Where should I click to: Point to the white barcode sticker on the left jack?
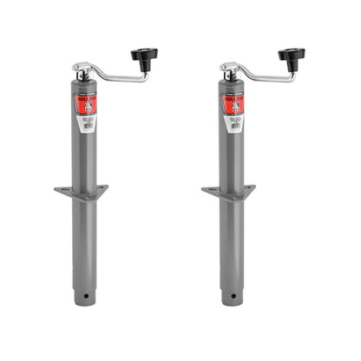coord(89,125)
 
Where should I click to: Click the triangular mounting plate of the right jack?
coord(228,190)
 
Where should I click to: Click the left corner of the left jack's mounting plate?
coord(56,190)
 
